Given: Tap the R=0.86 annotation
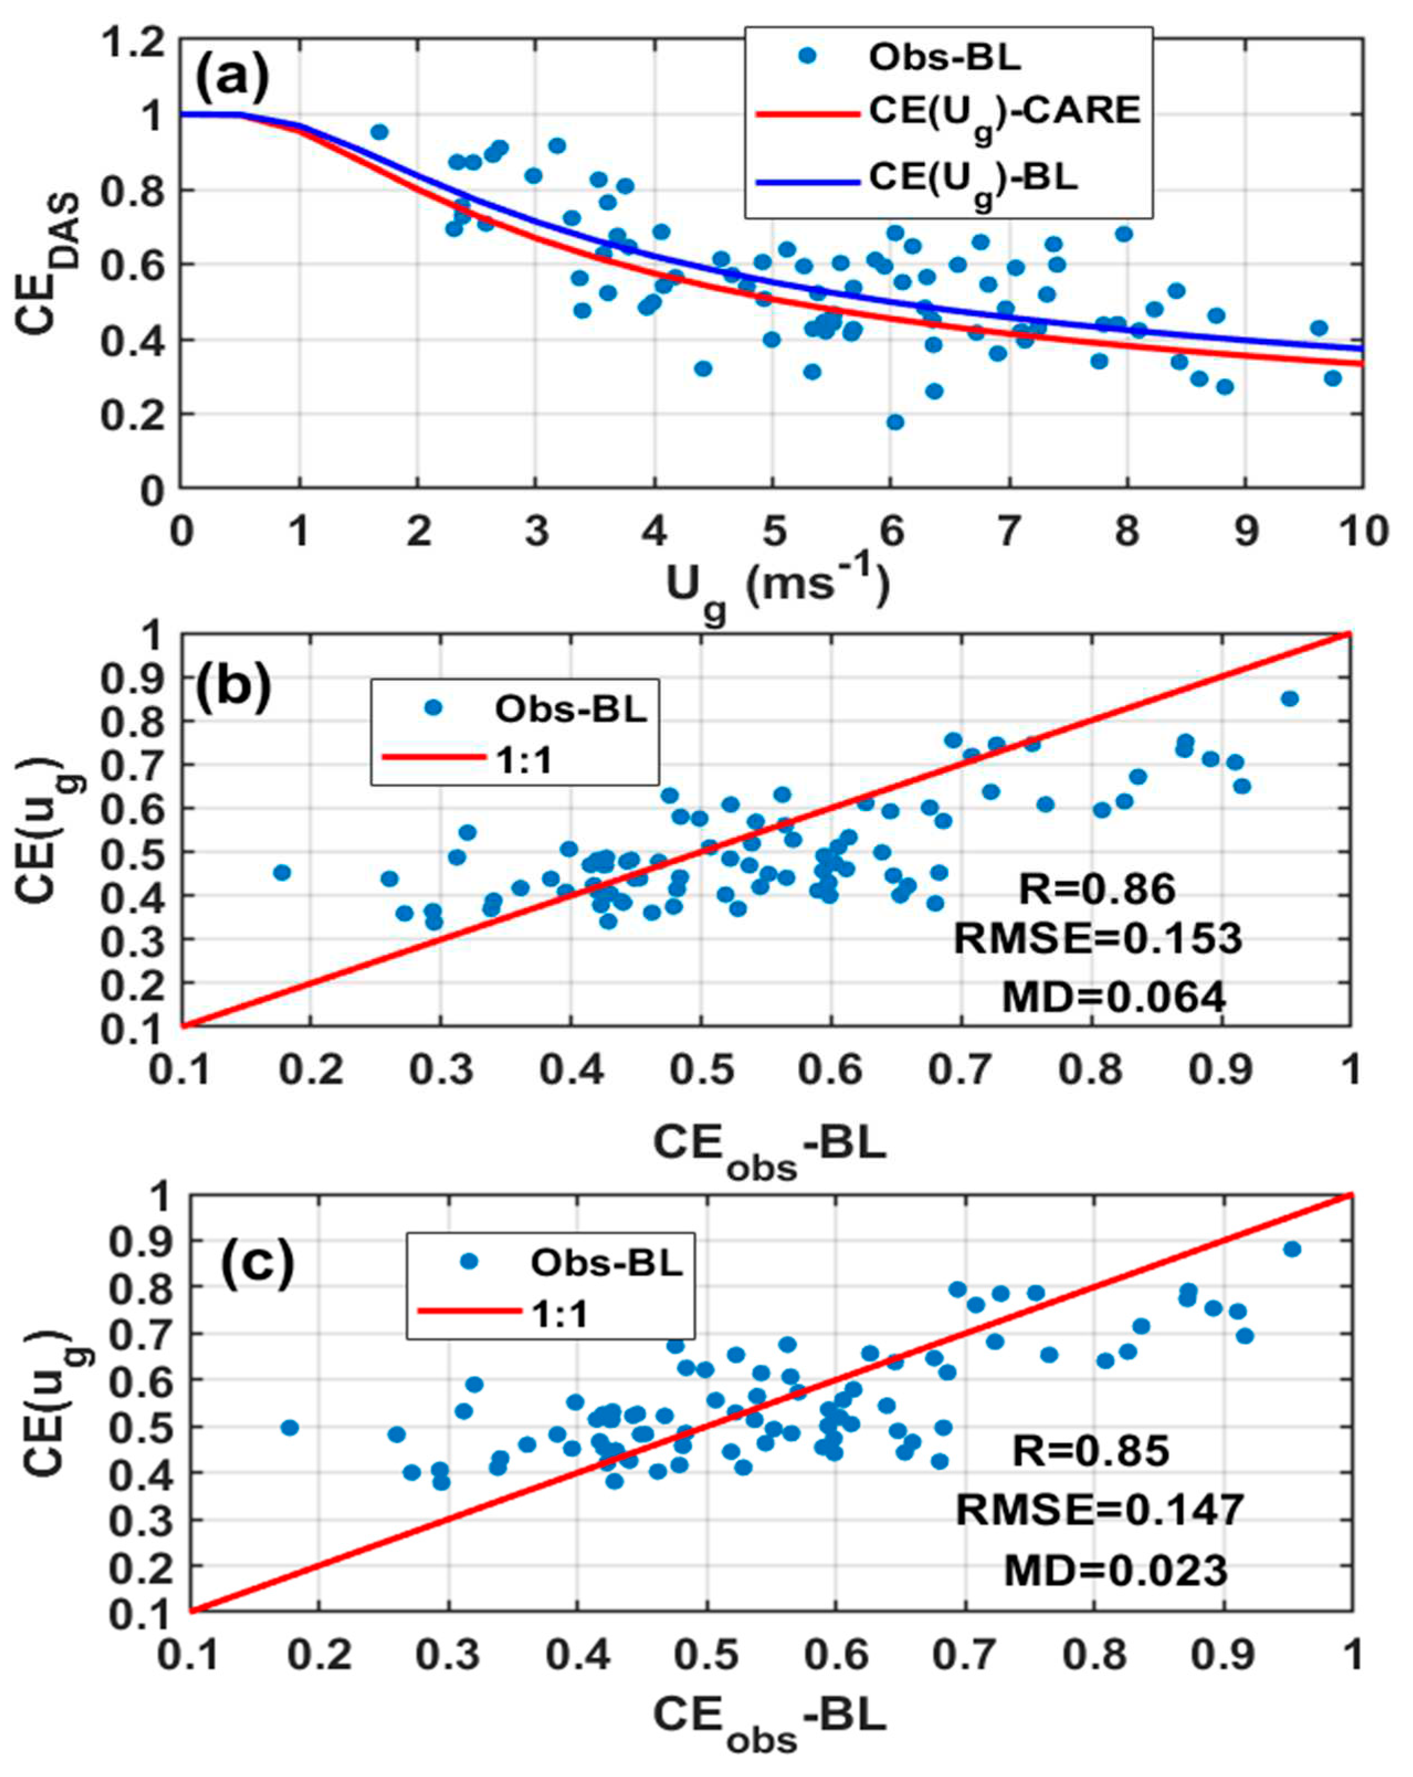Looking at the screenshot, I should (1096, 888).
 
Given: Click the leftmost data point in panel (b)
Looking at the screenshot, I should (282, 872).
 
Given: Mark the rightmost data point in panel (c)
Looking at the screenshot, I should (1292, 1249).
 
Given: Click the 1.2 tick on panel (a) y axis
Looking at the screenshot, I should (132, 43).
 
